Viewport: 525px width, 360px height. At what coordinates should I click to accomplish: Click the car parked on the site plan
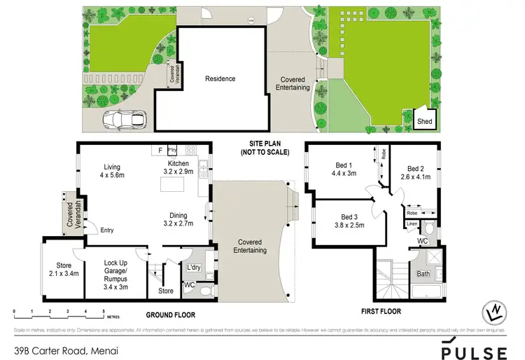click(x=123, y=120)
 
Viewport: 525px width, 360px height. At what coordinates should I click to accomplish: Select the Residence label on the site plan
click(x=220, y=79)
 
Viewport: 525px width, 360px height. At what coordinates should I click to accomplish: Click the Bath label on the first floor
click(x=423, y=274)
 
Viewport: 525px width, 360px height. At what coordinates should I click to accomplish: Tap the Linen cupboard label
click(x=412, y=224)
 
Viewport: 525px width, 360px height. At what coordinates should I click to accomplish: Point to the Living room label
click(x=112, y=167)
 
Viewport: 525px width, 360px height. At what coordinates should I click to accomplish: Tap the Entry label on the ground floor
click(x=107, y=230)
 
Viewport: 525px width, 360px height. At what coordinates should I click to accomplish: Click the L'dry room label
click(x=193, y=268)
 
